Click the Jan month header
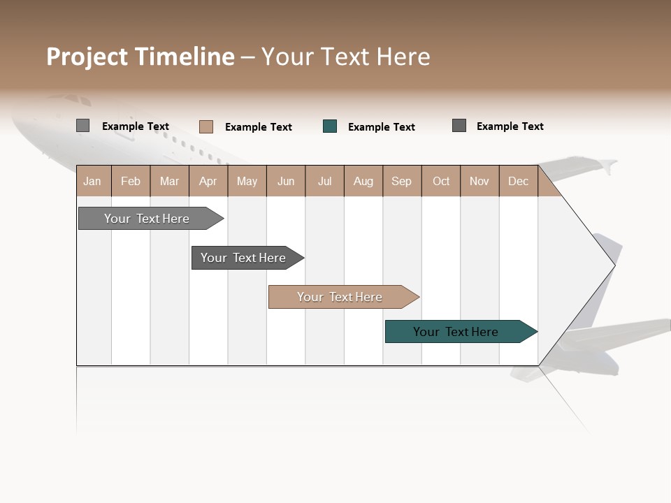(x=93, y=181)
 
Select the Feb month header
(x=131, y=181)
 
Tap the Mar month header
(x=169, y=181)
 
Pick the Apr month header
(x=208, y=181)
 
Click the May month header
(x=247, y=181)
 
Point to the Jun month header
(x=286, y=181)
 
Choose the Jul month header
(x=324, y=181)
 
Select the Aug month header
(x=363, y=181)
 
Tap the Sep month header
(x=402, y=181)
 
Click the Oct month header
(x=441, y=181)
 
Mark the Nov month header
(x=479, y=181)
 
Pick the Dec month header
(x=518, y=181)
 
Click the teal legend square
(x=330, y=126)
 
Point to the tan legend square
(x=206, y=126)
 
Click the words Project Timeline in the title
(x=140, y=57)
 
